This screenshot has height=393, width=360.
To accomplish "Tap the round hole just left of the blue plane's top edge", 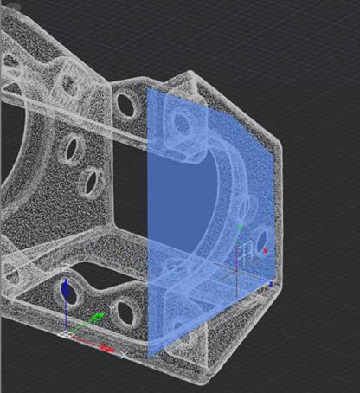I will (x=125, y=105).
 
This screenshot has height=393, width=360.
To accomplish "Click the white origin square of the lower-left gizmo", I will (x=69, y=332).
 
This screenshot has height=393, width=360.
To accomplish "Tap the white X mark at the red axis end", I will (x=123, y=353).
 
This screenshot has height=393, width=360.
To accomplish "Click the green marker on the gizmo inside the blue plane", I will (x=240, y=227).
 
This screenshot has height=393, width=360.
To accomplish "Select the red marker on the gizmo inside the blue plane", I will (x=265, y=251).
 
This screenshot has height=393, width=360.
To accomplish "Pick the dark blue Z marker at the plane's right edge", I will (x=270, y=284).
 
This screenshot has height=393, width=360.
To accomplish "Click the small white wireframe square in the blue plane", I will (x=247, y=248).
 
